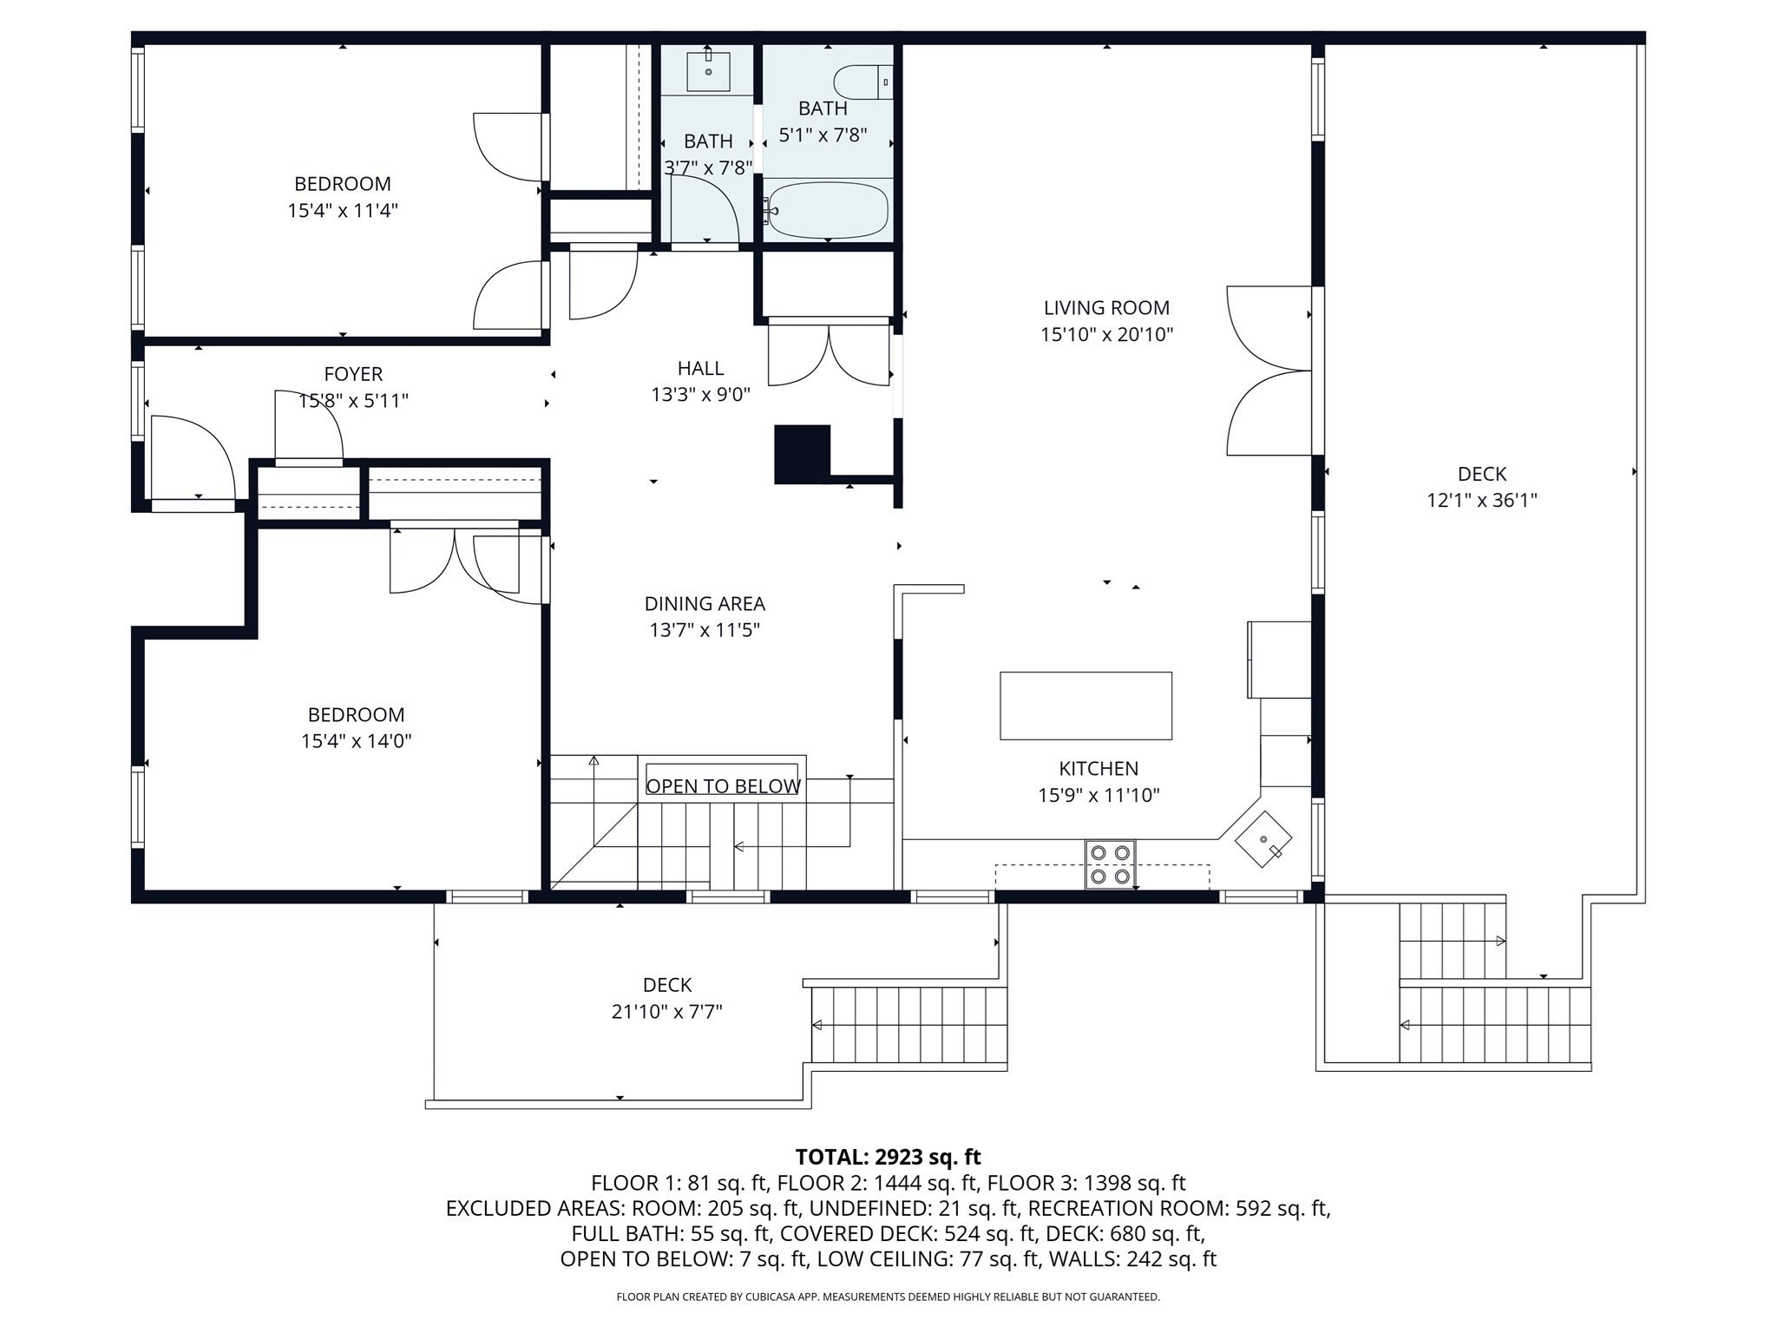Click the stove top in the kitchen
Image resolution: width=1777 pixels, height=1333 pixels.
coord(1111,864)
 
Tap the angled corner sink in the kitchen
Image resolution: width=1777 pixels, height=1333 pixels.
coord(1263,839)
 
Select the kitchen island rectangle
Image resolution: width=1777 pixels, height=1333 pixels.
coord(1085,706)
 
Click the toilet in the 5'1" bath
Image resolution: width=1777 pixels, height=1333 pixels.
coord(862,82)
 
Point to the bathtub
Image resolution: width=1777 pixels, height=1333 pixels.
coord(828,210)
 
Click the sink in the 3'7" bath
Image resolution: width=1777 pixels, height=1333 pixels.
coord(708,71)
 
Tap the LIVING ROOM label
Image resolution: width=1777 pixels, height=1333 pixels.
coord(1106,308)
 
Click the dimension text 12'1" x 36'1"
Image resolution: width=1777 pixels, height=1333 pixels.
coord(1482,501)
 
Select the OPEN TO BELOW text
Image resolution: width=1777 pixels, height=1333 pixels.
coord(723,786)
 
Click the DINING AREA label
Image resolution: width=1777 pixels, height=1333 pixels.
coord(705,604)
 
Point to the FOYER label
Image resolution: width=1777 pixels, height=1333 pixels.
coord(353,374)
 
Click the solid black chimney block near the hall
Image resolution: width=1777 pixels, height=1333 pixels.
coord(801,454)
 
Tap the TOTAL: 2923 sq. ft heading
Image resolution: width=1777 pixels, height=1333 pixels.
coord(888,1157)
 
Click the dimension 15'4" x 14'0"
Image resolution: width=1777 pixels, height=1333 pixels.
coord(356,741)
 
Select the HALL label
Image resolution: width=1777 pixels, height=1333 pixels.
coord(700,368)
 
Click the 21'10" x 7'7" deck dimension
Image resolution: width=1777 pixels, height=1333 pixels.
coord(666,1012)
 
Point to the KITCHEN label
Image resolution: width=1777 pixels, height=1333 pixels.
coord(1098,769)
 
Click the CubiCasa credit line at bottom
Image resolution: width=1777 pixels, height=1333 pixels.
coord(888,1297)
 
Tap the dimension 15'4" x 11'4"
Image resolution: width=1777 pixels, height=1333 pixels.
coord(343,211)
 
